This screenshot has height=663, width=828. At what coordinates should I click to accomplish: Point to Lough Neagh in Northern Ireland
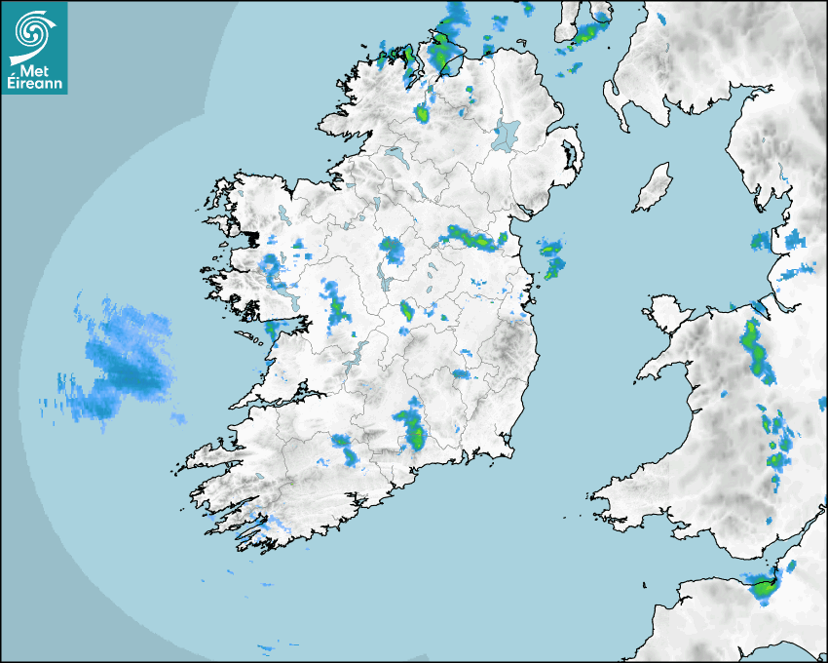(506, 134)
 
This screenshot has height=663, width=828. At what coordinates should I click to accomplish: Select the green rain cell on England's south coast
(761, 586)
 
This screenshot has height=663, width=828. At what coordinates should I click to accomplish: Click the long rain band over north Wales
(754, 347)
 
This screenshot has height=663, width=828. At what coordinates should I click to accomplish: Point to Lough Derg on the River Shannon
(355, 351)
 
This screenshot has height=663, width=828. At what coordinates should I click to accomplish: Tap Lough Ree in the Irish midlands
(381, 277)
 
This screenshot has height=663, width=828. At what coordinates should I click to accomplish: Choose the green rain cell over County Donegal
(423, 114)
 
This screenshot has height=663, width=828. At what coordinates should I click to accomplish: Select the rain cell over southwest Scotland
(585, 35)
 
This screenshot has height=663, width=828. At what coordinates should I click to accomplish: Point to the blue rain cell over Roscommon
(392, 250)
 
